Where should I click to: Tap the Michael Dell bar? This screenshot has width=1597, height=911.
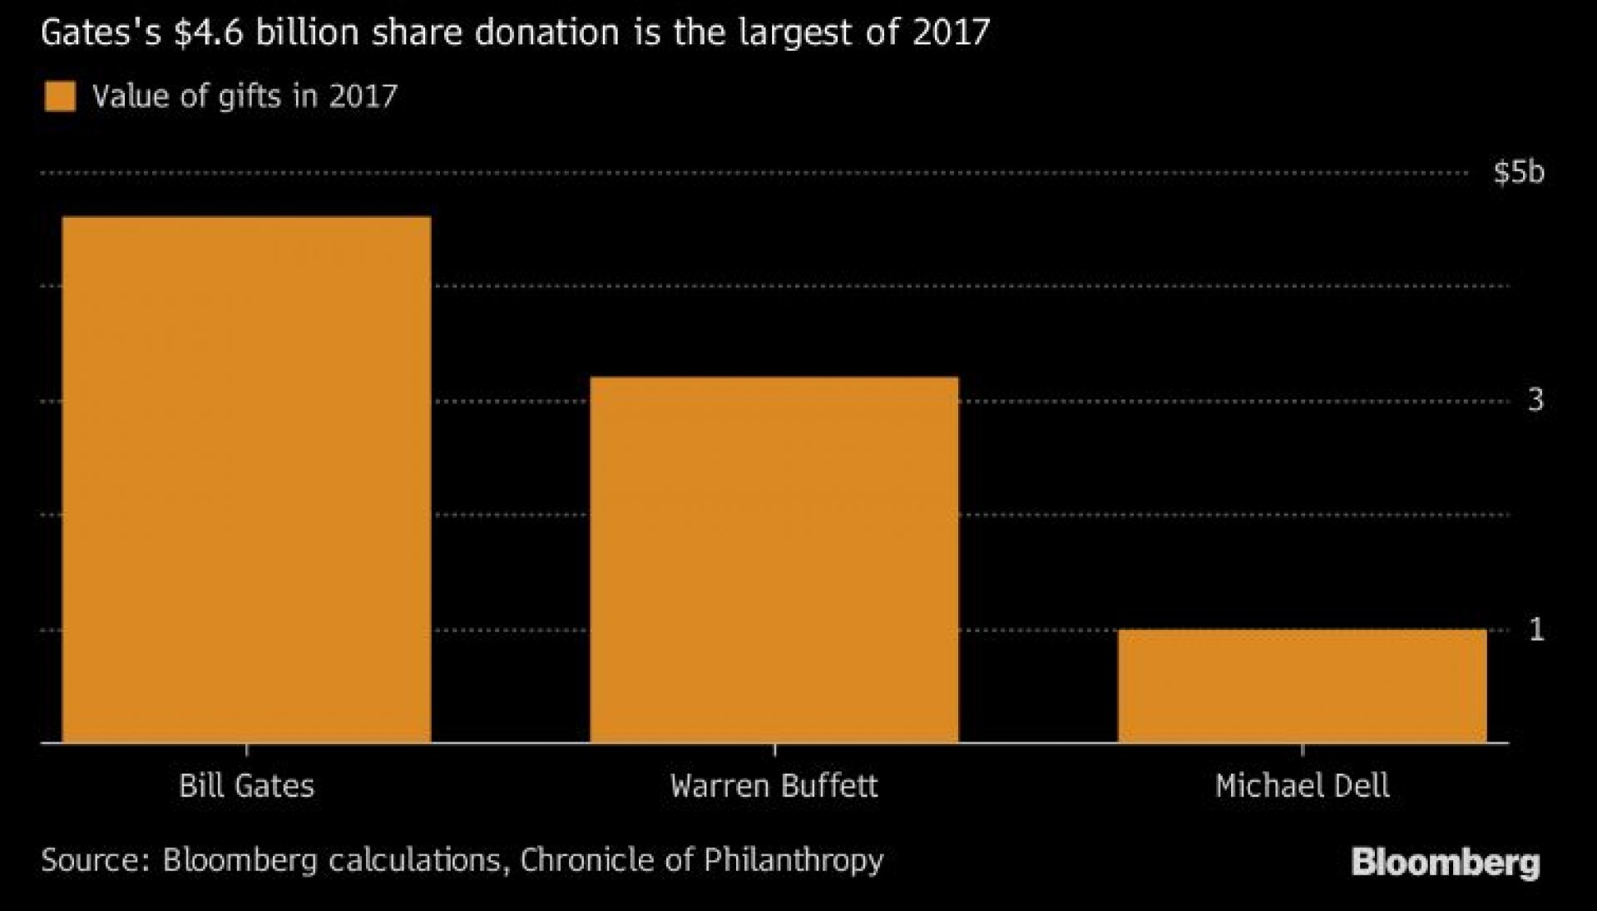pyautogui.click(x=1302, y=685)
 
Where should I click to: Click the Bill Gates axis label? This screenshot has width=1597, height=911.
pyautogui.click(x=246, y=785)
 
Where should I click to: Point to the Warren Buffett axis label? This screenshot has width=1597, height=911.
pyautogui.click(x=774, y=785)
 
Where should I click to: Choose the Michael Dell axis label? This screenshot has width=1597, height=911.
pyautogui.click(x=1302, y=785)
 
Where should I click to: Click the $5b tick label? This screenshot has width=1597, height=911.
pyautogui.click(x=1519, y=172)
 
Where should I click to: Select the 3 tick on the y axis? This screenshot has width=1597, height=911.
pyautogui.click(x=1535, y=401)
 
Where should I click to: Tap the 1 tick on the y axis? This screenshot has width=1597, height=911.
pyautogui.click(x=1536, y=629)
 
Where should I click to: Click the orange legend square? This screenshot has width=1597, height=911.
pyautogui.click(x=60, y=96)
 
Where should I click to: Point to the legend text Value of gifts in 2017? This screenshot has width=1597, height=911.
pyautogui.click(x=245, y=96)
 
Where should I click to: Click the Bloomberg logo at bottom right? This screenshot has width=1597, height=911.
pyautogui.click(x=1445, y=862)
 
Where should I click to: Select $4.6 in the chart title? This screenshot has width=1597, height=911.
pyautogui.click(x=215, y=33)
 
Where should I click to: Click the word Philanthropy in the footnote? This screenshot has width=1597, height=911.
pyautogui.click(x=793, y=859)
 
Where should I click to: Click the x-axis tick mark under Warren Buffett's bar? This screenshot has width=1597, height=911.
pyautogui.click(x=774, y=749)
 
